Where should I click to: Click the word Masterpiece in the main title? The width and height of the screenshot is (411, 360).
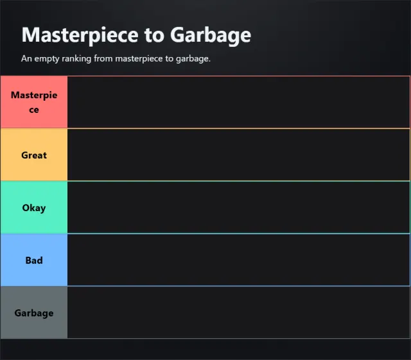tap(80, 35)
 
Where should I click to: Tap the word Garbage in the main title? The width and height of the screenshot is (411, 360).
tap(211, 35)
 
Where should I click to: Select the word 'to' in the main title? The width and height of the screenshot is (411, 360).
tap(154, 35)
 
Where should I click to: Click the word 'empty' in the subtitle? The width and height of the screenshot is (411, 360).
tap(46, 58)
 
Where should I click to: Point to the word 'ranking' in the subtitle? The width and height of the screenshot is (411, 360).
tap(76, 58)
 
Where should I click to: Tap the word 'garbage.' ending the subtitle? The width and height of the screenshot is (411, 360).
tap(193, 58)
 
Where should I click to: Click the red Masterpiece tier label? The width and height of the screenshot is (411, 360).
tap(34, 102)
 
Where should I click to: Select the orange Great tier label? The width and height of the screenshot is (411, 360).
tap(34, 155)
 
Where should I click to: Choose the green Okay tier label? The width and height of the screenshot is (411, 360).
tap(34, 207)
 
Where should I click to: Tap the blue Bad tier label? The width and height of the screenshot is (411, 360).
tap(34, 260)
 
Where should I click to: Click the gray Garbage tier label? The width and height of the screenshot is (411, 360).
tap(34, 313)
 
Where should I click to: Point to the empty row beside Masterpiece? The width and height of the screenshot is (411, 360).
tap(238, 102)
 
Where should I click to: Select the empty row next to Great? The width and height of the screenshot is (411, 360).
tap(238, 155)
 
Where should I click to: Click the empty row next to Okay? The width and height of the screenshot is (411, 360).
tap(238, 207)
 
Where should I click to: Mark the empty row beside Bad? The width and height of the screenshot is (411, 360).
tap(238, 260)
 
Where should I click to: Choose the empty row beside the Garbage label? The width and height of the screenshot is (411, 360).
tap(238, 313)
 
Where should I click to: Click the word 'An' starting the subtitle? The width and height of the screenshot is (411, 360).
tap(26, 58)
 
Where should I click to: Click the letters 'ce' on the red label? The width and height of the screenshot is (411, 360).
tap(34, 110)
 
